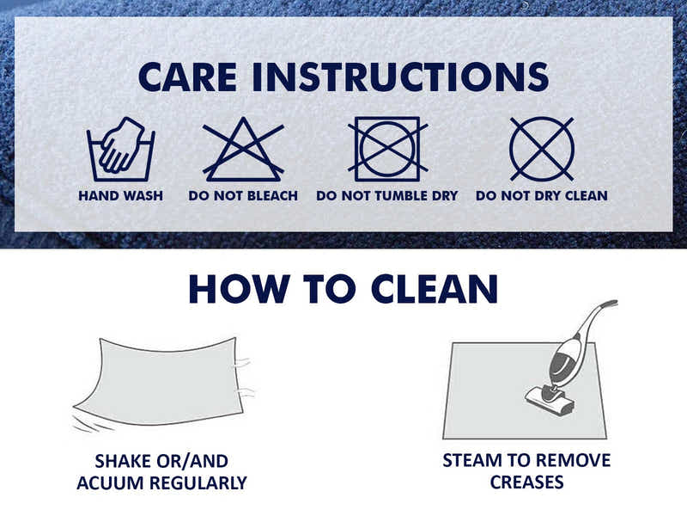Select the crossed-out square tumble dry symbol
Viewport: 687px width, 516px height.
(388, 149)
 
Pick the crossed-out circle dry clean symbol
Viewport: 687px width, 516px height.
(542, 149)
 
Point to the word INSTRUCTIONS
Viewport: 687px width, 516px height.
(400, 77)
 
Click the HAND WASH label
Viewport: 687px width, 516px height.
(120, 195)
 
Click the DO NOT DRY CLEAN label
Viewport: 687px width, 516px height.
(542, 195)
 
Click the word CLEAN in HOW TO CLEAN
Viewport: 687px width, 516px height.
(435, 289)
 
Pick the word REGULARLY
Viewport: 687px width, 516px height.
(198, 482)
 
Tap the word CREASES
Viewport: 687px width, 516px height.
(526, 482)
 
